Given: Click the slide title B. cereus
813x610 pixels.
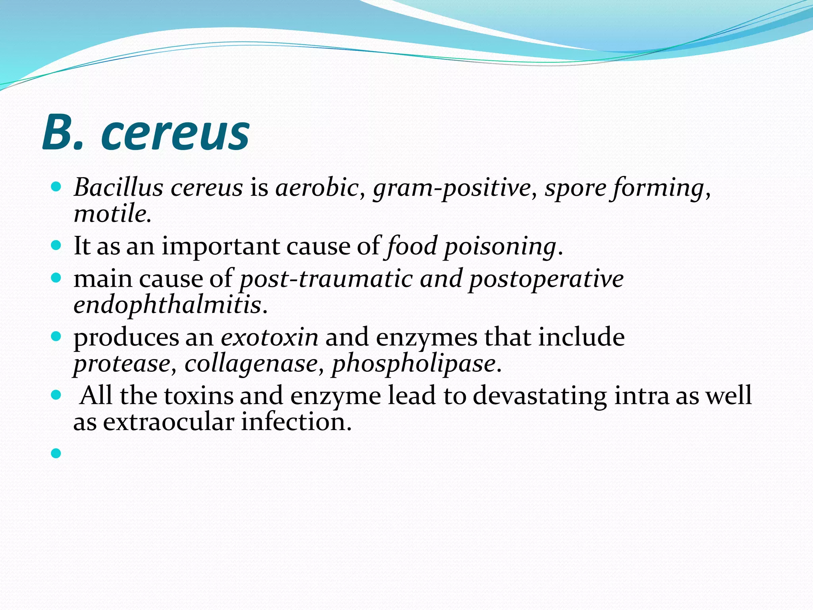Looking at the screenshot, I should point(146,132).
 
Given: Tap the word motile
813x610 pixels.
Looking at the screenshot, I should point(112,213).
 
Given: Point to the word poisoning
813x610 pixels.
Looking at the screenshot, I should point(500,246).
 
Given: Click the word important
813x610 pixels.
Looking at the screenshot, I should point(220,246).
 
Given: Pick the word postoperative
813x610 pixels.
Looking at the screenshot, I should point(546,279).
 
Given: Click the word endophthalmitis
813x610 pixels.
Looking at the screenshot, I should point(167,305).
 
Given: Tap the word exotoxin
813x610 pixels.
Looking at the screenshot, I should point(270,337).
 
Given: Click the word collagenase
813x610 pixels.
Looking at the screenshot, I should point(251,363).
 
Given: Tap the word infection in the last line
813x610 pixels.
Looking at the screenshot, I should point(296,422).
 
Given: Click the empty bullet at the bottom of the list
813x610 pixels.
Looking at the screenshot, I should point(56,453).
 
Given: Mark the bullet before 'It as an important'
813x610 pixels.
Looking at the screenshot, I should point(56,245).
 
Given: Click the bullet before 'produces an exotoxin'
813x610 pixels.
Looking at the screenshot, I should point(56,337).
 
